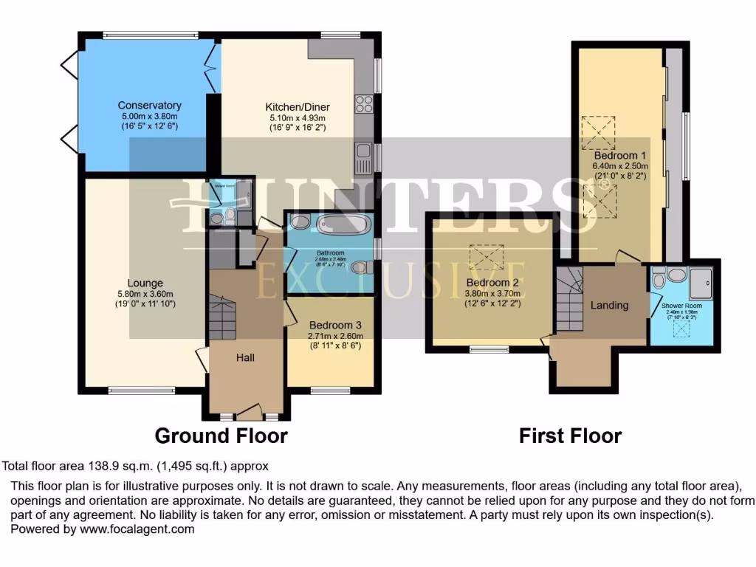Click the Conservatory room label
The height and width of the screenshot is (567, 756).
click(x=149, y=106)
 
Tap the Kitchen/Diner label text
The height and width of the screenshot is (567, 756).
click(x=295, y=107)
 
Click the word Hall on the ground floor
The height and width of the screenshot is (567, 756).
click(x=245, y=357)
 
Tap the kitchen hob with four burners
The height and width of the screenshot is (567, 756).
click(x=364, y=105)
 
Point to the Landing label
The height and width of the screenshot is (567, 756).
click(x=610, y=305)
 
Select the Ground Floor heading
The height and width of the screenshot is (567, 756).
click(x=221, y=436)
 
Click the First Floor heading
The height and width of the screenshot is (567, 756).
click(x=570, y=436)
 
